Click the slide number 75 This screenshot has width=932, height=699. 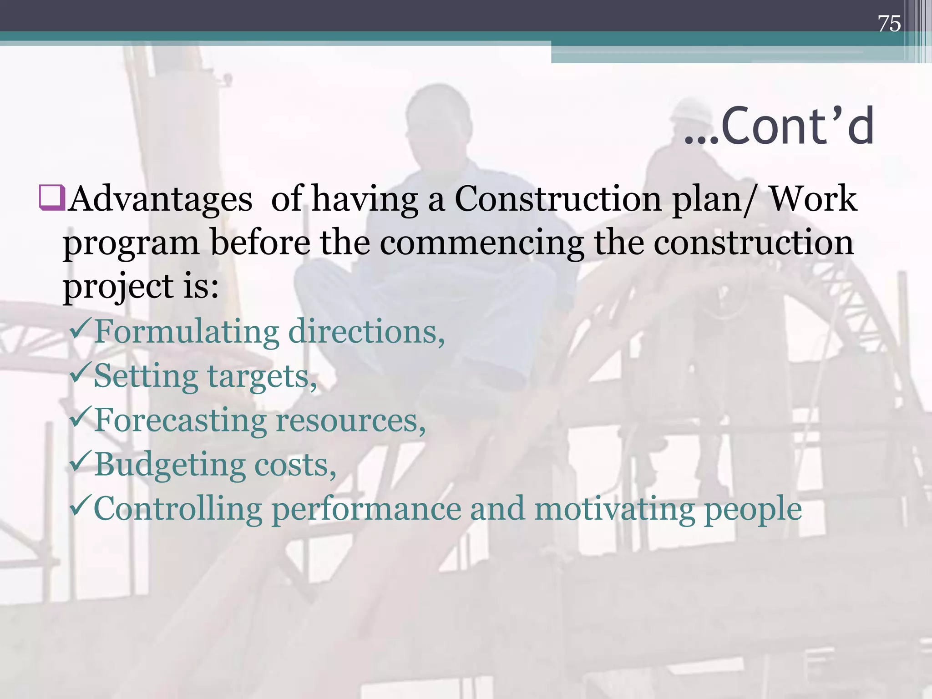pos(889,24)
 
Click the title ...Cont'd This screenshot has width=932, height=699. pos(779,126)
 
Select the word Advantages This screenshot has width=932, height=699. pos(161,199)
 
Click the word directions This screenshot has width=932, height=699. pos(366,331)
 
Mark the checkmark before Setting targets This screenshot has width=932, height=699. pos(81,373)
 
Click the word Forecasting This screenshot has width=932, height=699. pos(180,420)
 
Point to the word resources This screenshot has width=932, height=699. pos(350,420)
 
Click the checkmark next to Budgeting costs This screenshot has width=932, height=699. pos(81,461)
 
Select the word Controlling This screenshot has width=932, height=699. pos(178,509)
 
